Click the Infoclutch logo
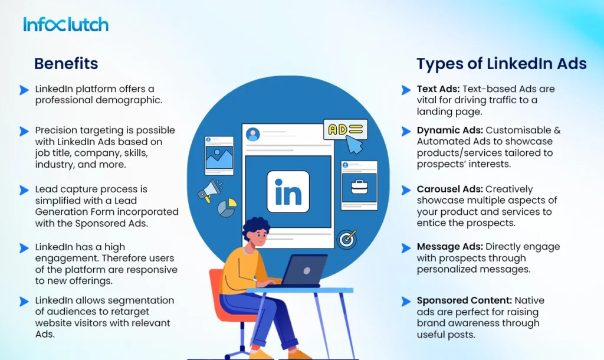(x=65, y=24)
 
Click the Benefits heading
(x=66, y=64)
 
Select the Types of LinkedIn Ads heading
(x=501, y=64)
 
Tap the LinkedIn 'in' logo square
(x=288, y=191)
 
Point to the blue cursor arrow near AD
(x=355, y=145)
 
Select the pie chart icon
(x=227, y=207)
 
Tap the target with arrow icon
(x=346, y=238)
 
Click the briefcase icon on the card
(x=359, y=186)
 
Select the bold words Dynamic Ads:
(x=449, y=130)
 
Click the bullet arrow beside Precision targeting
(x=24, y=131)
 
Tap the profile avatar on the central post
(x=253, y=134)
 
